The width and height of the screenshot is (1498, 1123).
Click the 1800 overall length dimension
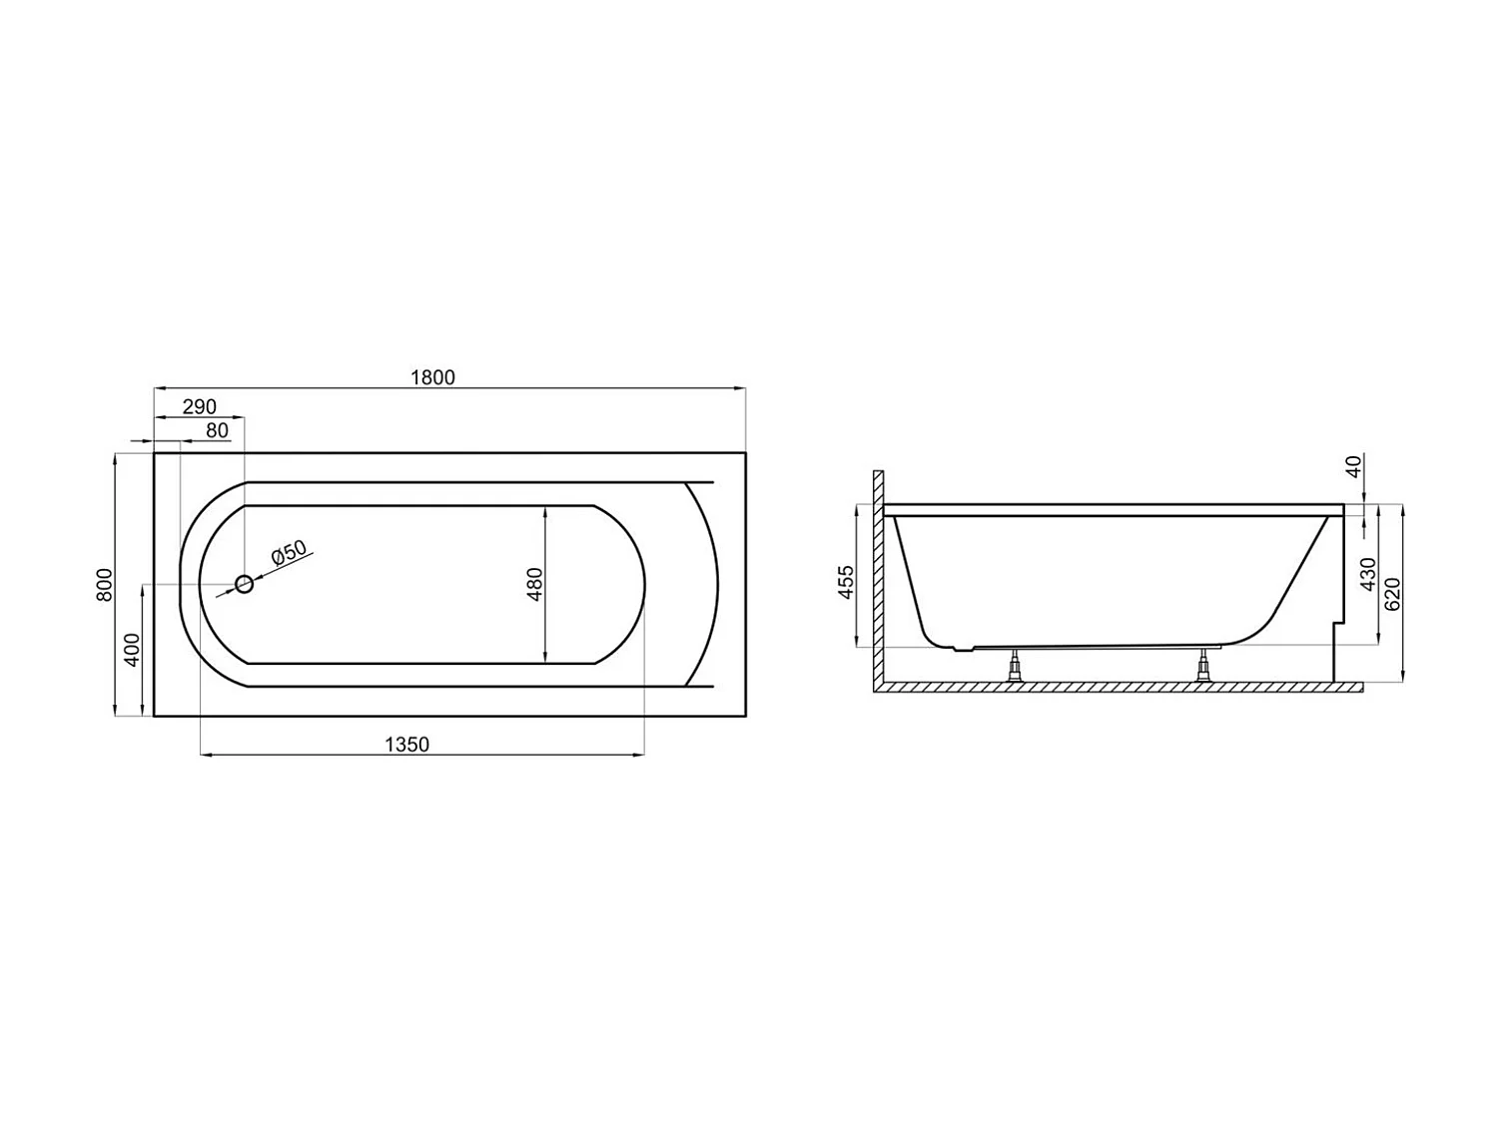tap(432, 377)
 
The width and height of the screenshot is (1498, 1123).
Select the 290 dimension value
tap(200, 406)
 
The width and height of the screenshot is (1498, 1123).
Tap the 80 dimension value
tap(217, 431)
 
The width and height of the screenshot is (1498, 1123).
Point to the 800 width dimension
tap(105, 584)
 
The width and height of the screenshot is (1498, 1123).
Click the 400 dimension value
tap(132, 650)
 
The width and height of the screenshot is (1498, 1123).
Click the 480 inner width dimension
tap(534, 584)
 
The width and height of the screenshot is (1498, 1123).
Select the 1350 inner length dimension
tap(406, 745)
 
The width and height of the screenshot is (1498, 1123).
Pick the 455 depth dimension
tap(846, 582)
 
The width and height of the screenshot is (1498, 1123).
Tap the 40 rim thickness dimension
tap(1354, 466)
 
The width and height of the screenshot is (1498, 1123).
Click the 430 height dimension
tap(1368, 574)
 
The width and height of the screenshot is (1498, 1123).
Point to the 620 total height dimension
tap(1394, 594)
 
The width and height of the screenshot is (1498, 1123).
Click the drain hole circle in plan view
tap(244, 585)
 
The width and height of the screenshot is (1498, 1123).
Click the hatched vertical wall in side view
tap(878, 579)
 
